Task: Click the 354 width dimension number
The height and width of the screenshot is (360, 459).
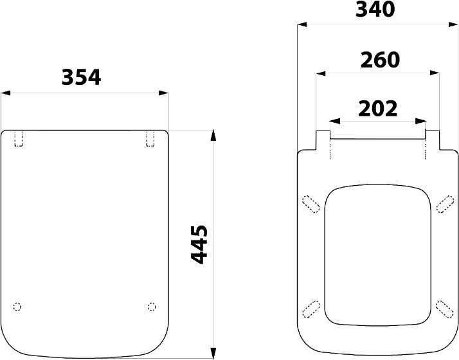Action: pos(81,77)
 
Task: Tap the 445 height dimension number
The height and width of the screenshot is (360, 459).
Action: pos(199,245)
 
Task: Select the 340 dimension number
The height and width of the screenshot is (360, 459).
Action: pos(375,9)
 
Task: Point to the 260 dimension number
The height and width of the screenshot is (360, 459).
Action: pos(380,60)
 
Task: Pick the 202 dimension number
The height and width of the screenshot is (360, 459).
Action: pos(377,109)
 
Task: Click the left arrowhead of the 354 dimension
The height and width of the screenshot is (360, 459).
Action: pos(6,93)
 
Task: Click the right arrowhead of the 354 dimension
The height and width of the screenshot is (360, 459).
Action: pos(164,93)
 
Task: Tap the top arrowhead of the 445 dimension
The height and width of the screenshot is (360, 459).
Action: pos(213,135)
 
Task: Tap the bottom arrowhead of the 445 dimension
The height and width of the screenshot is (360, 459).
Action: pos(213,353)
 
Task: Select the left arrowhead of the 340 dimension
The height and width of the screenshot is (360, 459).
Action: pos(302,24)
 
